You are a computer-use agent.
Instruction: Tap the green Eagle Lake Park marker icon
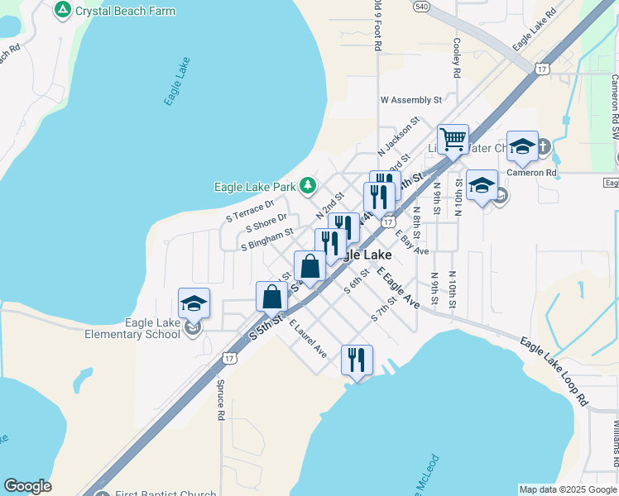point(308,185)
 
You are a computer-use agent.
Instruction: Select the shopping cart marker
point(453,140)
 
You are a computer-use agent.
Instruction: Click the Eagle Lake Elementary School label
point(132,328)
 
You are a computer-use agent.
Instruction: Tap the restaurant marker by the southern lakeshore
point(357,360)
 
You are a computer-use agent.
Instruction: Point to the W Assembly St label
point(411,100)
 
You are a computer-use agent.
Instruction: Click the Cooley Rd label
point(456,58)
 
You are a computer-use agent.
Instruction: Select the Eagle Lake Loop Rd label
point(554,371)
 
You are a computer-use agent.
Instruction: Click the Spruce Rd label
point(221,400)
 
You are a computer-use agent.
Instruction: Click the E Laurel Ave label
point(308,339)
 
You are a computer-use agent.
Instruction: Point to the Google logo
point(27,486)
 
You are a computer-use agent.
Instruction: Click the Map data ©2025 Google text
point(567,489)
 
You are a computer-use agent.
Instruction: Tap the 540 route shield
point(422,6)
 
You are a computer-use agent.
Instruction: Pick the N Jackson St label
point(399,136)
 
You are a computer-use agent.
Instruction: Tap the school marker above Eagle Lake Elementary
point(194,304)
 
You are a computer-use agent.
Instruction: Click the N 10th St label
point(452,289)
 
